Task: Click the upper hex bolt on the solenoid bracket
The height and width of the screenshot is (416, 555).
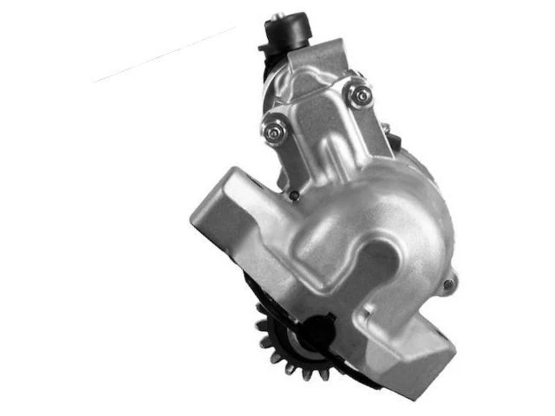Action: click(356, 94)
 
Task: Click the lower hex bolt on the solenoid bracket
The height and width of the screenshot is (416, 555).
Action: click(274, 131)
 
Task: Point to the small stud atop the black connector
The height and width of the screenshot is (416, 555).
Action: click(277, 16)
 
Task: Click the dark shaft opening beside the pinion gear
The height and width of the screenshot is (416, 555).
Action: click(317, 333)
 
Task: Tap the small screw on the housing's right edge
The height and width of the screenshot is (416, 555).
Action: click(448, 283)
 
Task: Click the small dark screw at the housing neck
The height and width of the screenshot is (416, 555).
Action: click(294, 195)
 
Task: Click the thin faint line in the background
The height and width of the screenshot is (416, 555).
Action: click(165, 55)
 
